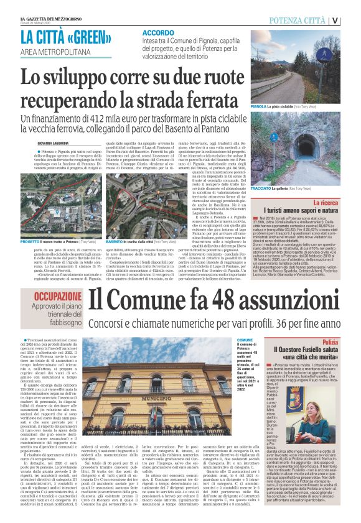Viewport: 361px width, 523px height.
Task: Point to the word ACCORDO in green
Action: pos(158,32)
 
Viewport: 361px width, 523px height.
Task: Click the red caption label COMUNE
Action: pos(245,341)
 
